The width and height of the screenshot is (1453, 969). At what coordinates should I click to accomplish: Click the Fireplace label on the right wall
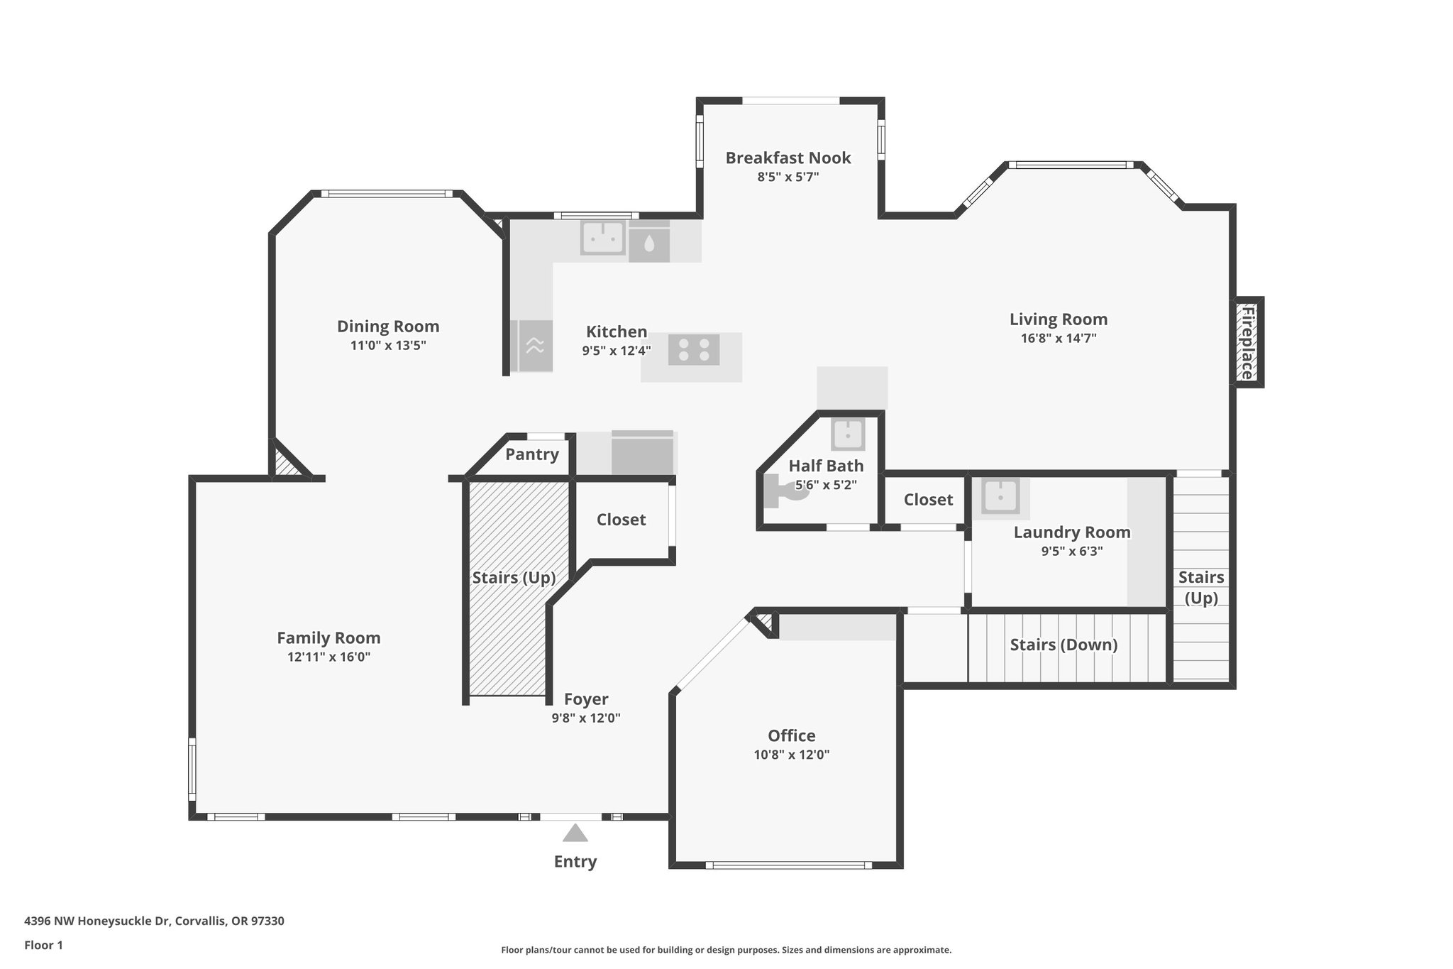(1247, 342)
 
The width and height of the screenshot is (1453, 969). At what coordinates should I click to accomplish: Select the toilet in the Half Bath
(788, 491)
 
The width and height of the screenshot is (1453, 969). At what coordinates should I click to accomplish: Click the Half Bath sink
(848, 434)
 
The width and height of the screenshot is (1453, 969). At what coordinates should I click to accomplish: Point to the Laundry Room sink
(1000, 496)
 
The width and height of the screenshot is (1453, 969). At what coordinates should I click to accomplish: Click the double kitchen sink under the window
(603, 238)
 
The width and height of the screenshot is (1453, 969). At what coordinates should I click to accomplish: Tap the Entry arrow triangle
(575, 833)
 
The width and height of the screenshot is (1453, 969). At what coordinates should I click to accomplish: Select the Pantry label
(531, 454)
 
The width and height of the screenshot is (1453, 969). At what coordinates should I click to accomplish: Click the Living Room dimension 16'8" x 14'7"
(1059, 339)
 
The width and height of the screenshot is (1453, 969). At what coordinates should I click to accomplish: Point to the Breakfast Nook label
(788, 158)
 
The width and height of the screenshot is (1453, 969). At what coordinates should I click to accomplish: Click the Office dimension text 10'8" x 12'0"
(791, 755)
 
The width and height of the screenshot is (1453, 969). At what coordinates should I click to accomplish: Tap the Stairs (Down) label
(1063, 645)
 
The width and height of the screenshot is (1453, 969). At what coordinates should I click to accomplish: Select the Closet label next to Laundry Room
(928, 500)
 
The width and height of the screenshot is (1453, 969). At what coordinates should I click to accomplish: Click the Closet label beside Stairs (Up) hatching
(621, 520)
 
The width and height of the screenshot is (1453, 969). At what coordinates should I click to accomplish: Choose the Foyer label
(586, 699)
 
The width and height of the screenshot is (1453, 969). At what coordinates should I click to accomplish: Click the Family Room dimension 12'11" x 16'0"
(328, 657)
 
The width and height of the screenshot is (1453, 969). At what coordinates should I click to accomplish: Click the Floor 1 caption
(43, 945)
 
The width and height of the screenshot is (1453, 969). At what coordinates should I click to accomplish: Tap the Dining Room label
(387, 327)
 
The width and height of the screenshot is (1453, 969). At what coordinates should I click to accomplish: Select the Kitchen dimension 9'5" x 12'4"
(616, 350)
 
